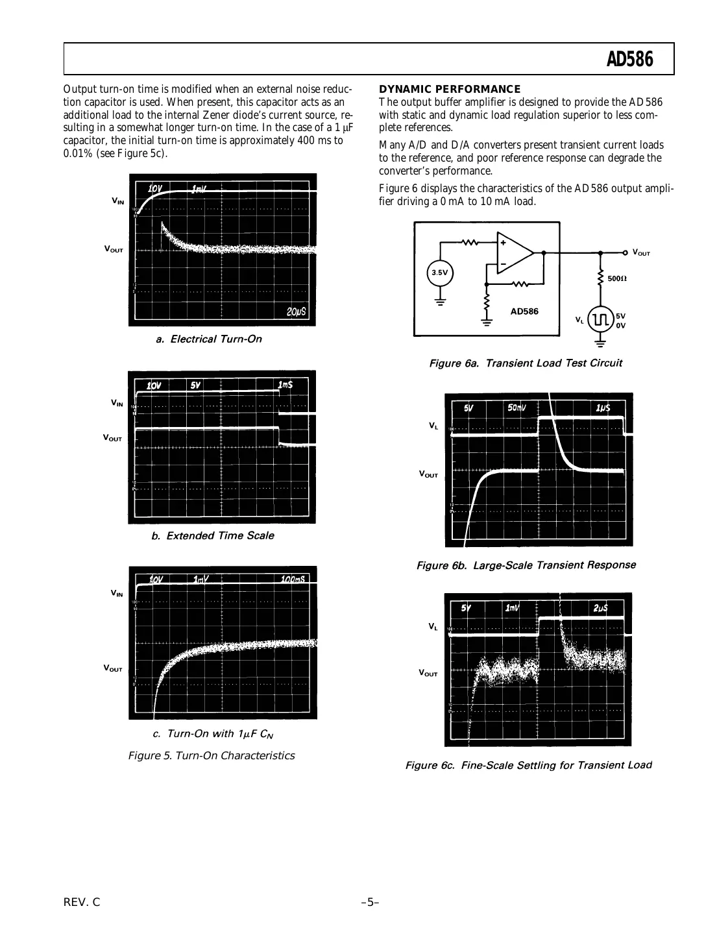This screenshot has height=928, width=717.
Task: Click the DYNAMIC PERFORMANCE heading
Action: click(x=450, y=89)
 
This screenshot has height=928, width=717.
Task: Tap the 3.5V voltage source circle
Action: click(x=439, y=273)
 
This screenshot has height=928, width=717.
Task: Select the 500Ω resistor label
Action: click(x=617, y=278)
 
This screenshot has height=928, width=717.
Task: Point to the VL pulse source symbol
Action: click(x=600, y=319)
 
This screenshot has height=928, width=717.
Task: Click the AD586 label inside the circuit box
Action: click(x=524, y=311)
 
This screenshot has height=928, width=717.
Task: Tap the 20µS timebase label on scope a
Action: click(x=297, y=312)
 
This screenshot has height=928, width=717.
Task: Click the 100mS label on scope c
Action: click(x=293, y=579)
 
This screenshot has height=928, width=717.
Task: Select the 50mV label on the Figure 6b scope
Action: click(x=516, y=408)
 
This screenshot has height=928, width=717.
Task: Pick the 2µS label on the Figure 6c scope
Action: click(x=600, y=608)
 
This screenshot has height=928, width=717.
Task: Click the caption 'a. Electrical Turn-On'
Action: click(x=209, y=339)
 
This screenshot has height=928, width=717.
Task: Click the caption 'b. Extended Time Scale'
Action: click(x=212, y=536)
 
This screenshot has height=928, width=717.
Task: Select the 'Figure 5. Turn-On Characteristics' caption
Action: click(x=212, y=755)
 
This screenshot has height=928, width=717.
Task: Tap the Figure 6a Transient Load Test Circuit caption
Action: click(x=525, y=363)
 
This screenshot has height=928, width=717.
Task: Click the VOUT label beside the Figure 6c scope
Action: click(x=428, y=673)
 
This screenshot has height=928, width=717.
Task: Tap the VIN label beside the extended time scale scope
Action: click(x=117, y=403)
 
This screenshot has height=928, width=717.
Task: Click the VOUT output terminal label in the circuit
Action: click(x=640, y=253)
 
